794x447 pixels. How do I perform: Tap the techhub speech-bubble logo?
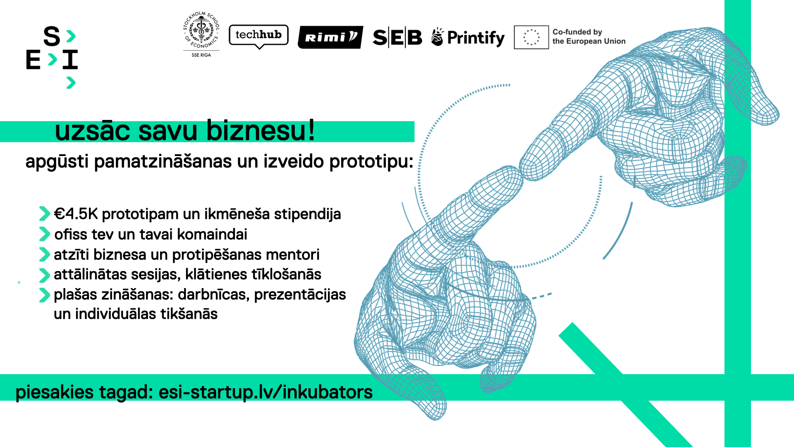[x=258, y=36]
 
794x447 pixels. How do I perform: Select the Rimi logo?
[x=330, y=37]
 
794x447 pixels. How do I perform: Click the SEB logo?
[x=397, y=38]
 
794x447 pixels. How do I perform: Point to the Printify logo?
[x=468, y=38]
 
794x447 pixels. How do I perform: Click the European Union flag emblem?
[x=531, y=37]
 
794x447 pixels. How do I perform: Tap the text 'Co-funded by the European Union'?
[x=588, y=36]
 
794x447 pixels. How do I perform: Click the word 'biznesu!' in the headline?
[x=261, y=130]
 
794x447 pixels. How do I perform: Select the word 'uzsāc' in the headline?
[x=93, y=130]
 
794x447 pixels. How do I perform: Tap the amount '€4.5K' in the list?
[x=76, y=214]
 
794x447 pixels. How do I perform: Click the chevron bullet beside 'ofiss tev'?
[x=44, y=234]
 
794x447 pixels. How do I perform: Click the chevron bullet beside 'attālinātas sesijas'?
[x=44, y=275]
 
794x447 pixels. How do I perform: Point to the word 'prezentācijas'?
[x=300, y=295]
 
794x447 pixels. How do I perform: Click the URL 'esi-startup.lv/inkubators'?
[x=265, y=392]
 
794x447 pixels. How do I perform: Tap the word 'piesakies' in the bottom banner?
[x=55, y=392]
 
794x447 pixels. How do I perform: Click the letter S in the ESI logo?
[x=52, y=36]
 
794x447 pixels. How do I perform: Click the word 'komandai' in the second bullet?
[x=212, y=234]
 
